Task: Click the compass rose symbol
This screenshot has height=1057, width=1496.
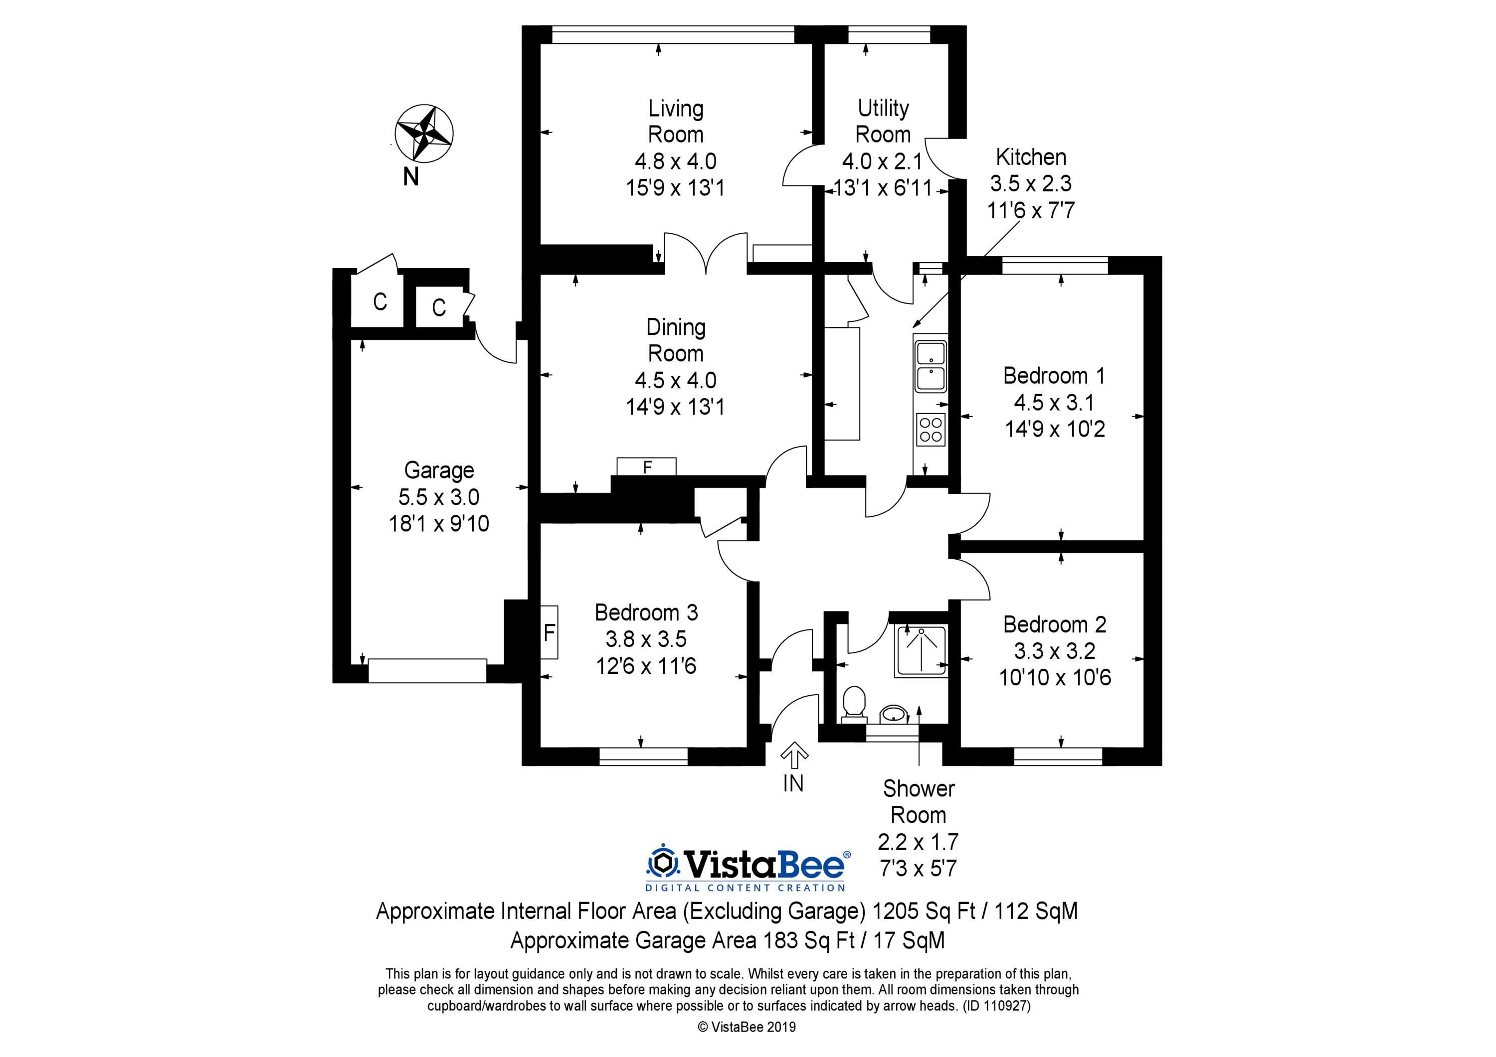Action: click(x=425, y=133)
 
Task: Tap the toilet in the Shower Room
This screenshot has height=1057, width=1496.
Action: click(x=854, y=705)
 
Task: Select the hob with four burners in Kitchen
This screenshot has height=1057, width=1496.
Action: click(x=931, y=429)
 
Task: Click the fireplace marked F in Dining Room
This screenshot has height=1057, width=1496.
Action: click(x=646, y=467)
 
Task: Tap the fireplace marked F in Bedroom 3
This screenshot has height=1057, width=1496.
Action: click(x=549, y=632)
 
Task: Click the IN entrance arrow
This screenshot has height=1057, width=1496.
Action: click(x=793, y=757)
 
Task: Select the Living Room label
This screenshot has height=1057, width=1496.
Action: click(x=676, y=121)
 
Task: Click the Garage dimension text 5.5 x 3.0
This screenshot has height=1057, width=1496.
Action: click(x=439, y=497)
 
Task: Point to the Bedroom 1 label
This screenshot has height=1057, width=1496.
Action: click(x=1054, y=376)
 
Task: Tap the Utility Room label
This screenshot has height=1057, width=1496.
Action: click(x=883, y=121)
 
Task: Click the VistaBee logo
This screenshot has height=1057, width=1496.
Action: click(x=748, y=868)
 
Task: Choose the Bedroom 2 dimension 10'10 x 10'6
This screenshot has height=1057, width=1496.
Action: click(x=1055, y=678)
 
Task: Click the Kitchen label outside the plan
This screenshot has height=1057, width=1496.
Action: click(x=1031, y=157)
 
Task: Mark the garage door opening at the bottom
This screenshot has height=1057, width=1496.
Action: click(x=427, y=671)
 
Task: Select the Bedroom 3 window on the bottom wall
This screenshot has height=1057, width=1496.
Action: click(x=644, y=755)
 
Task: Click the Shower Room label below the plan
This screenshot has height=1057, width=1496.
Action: click(x=919, y=802)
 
